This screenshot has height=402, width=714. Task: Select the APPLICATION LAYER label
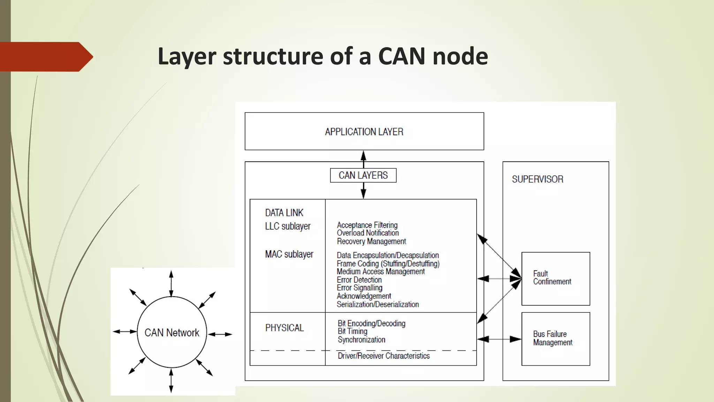pyautogui.click(x=364, y=132)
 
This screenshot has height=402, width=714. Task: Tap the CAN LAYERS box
pyautogui.click(x=363, y=175)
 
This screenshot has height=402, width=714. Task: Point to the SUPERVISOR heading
pyautogui.click(x=537, y=179)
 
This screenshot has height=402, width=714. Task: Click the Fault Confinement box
pyautogui.click(x=555, y=278)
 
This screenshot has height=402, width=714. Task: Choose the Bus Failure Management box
pyautogui.click(x=555, y=338)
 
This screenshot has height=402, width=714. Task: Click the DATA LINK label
pyautogui.click(x=284, y=213)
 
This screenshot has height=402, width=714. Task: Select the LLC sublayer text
pyautogui.click(x=288, y=226)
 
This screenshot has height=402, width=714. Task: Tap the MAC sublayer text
pyautogui.click(x=289, y=254)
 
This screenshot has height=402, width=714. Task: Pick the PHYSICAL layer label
pyautogui.click(x=284, y=328)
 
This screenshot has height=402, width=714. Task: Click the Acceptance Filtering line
pyautogui.click(x=367, y=225)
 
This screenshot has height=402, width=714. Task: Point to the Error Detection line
pyautogui.click(x=359, y=280)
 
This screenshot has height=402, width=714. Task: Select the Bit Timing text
pyautogui.click(x=352, y=331)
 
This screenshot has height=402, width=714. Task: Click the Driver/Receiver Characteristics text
pyautogui.click(x=383, y=356)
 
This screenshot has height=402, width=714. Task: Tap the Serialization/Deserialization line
pyautogui.click(x=378, y=304)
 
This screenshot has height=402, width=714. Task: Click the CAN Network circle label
pyautogui.click(x=172, y=333)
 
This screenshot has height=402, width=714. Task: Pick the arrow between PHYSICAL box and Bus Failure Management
pyautogui.click(x=499, y=339)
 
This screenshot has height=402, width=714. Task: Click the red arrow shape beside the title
pyautogui.click(x=45, y=57)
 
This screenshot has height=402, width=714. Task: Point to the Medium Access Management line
pyautogui.click(x=381, y=271)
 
